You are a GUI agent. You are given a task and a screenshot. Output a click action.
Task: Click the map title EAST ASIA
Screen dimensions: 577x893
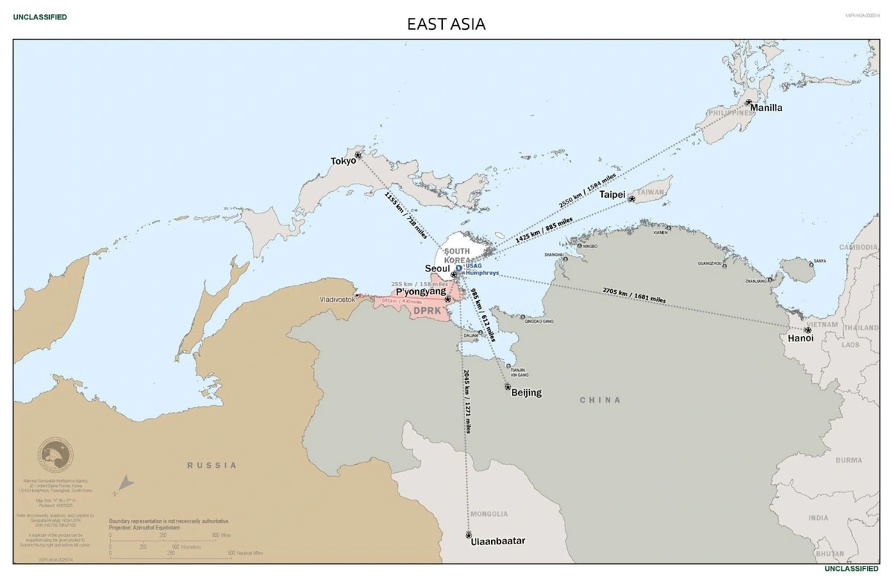[446, 24]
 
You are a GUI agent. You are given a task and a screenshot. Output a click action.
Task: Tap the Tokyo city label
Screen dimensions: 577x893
[343, 161]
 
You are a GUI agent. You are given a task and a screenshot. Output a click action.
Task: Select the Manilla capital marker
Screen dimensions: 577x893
[749, 102]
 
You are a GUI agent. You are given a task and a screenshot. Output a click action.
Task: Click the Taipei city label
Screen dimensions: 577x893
[612, 194]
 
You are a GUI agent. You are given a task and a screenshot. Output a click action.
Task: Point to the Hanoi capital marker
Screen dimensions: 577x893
[807, 330]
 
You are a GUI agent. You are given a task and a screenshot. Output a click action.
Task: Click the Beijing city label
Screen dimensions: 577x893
[526, 393]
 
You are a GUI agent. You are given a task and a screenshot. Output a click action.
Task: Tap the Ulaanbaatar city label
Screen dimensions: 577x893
[498, 541]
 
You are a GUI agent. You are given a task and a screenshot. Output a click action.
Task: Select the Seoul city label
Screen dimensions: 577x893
[437, 268]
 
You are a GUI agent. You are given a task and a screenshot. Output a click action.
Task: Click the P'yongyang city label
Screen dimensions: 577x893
[420, 292]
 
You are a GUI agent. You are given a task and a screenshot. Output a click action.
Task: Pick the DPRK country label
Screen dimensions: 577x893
[428, 312]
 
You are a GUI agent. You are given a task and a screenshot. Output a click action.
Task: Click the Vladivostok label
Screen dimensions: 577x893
[337, 298]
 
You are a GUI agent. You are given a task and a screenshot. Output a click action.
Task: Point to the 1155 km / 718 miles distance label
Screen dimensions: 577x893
[406, 216]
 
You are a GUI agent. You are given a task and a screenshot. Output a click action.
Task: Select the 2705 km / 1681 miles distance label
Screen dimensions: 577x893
[634, 295]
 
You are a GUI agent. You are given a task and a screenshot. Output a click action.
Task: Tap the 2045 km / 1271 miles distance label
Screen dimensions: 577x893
[467, 402]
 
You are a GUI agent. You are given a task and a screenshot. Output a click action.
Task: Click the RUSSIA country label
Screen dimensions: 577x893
[212, 465]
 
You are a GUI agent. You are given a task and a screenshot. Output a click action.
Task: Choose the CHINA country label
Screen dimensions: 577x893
[600, 400]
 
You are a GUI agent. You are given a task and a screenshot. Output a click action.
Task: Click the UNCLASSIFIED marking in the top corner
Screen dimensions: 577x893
[39, 16]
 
